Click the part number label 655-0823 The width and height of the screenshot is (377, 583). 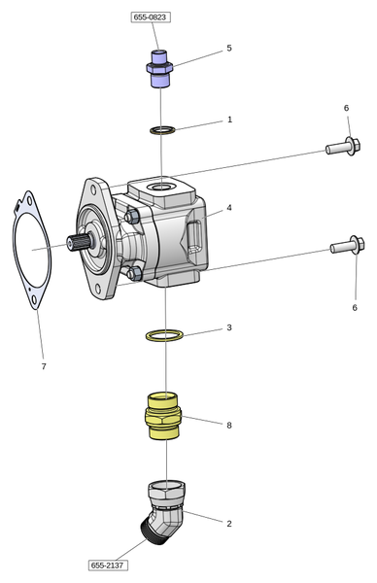[151, 17]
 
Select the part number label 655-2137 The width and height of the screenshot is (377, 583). [108, 566]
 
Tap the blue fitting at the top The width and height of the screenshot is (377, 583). [159, 69]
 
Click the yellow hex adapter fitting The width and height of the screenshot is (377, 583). [163, 416]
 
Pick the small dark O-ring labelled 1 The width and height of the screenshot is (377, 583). [162, 130]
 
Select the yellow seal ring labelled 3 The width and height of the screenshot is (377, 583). [164, 335]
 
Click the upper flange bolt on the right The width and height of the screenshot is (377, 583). [343, 147]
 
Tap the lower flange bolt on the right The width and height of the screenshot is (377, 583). [348, 246]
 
